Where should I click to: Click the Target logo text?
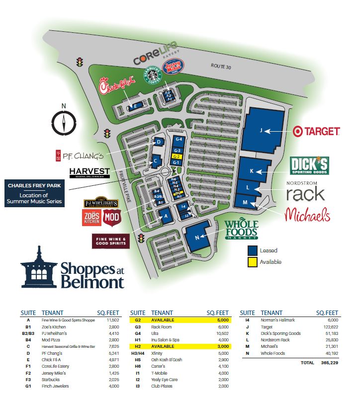click(x=316, y=131)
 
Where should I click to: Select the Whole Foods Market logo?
click(x=241, y=230)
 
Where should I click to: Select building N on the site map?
click(x=197, y=237)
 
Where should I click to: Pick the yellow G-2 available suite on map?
click(x=177, y=156)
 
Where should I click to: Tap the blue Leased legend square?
click(x=253, y=251)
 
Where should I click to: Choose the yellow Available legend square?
click(x=253, y=262)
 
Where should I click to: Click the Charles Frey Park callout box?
click(x=34, y=194)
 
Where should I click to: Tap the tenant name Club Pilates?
click(x=162, y=386)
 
